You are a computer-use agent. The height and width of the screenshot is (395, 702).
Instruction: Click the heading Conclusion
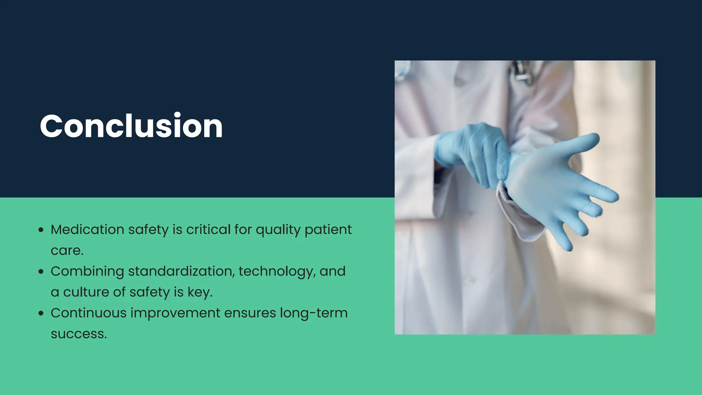click(131, 126)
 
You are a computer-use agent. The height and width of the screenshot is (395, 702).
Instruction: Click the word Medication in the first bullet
click(87, 229)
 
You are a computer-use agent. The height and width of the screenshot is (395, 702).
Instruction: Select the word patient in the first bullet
click(328, 229)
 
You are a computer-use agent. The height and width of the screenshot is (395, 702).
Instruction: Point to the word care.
click(67, 251)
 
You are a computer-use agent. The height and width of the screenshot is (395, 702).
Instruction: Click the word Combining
click(87, 271)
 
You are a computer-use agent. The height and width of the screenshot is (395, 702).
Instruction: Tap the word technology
click(277, 271)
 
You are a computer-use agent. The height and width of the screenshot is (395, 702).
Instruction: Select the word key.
click(200, 292)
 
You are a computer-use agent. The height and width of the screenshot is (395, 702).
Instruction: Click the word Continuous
click(88, 313)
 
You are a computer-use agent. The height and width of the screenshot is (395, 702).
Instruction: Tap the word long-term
click(314, 313)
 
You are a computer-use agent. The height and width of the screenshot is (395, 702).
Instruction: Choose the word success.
click(78, 334)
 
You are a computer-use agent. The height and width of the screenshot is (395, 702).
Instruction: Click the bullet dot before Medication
click(41, 230)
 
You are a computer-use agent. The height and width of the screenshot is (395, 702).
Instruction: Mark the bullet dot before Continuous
click(41, 313)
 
